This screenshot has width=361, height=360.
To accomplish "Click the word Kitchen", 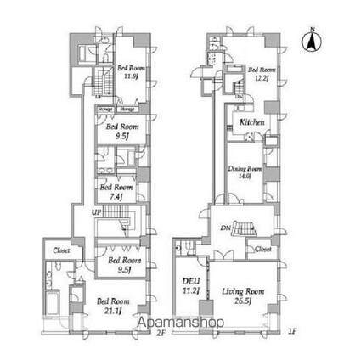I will [252, 123].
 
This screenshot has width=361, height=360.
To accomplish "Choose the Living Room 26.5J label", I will [245, 295].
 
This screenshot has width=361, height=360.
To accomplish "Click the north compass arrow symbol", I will [313, 38].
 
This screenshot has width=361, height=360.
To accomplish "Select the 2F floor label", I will [159, 333].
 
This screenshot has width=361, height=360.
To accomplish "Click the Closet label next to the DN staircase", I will [262, 250].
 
